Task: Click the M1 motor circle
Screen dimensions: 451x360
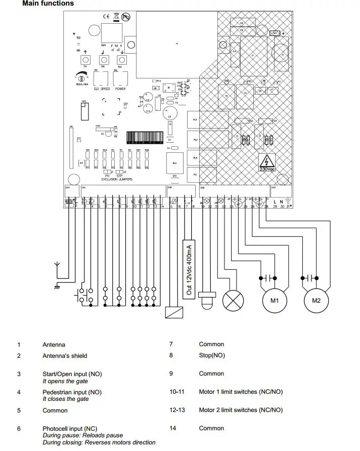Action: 275,300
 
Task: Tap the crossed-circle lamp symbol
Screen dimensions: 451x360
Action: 233,300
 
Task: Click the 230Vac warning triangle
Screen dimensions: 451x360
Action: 266,163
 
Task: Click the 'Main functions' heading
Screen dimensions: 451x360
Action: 48,4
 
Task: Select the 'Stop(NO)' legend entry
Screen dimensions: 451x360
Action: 212,355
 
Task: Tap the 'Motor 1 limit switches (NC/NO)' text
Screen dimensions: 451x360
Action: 241,392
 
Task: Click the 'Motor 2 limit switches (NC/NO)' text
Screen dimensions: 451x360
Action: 241,410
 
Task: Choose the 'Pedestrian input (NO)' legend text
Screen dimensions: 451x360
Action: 72,392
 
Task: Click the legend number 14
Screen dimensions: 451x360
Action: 173,428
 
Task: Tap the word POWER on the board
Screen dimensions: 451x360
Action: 120,89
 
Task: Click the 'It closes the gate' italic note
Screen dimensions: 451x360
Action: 65,399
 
